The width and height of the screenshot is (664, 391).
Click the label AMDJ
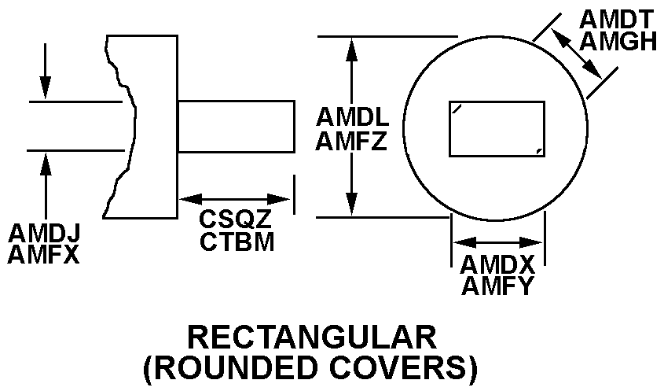tap(44, 234)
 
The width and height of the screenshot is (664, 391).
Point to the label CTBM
tap(237, 242)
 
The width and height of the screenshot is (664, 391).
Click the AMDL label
tap(353, 117)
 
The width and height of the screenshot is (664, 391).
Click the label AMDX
tap(497, 264)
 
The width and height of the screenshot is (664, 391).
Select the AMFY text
tap(497, 285)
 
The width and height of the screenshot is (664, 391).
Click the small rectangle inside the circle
tap(497, 128)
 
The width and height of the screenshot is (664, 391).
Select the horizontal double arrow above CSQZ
tap(235, 200)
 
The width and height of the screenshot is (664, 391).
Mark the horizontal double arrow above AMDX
tap(498, 242)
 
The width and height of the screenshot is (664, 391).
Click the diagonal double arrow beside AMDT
tap(576, 53)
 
